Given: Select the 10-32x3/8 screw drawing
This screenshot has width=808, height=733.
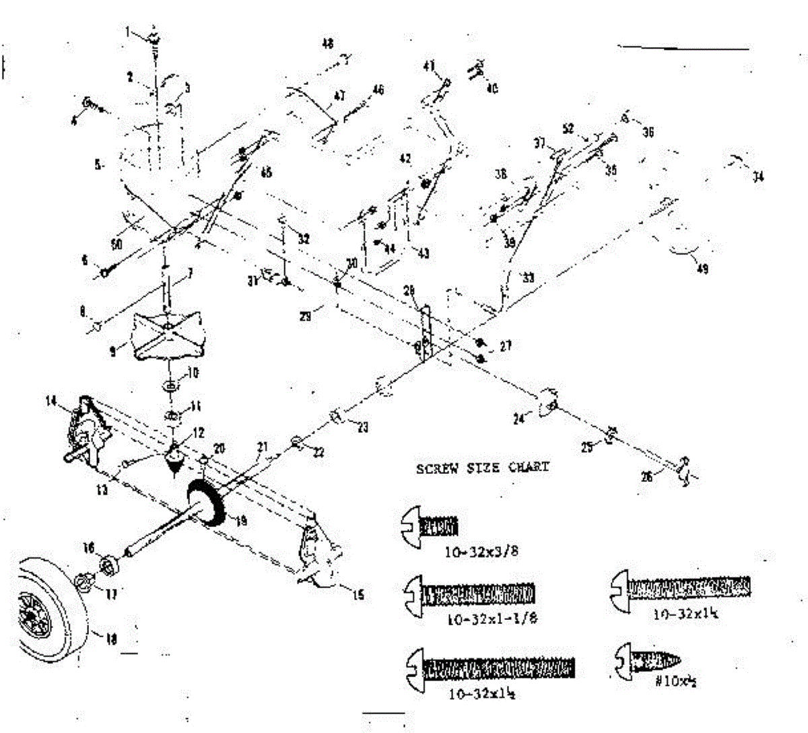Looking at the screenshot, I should (430, 526).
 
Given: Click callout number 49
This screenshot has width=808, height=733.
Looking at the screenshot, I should (702, 270).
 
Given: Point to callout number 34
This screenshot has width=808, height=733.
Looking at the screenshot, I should (759, 178).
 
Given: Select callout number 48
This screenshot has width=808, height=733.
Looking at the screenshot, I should (327, 44).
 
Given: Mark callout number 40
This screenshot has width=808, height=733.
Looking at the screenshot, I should (492, 89).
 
